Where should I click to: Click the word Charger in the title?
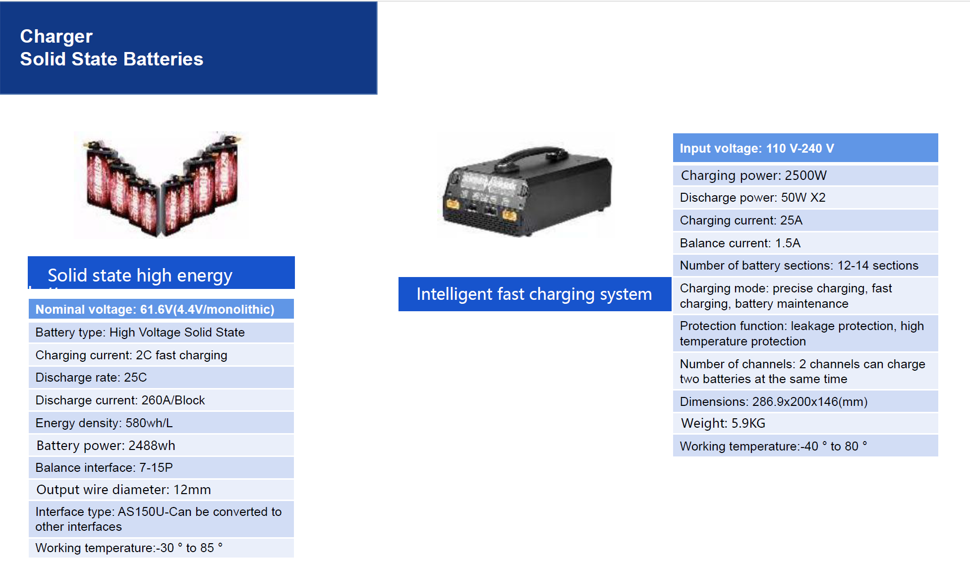coord(56,37)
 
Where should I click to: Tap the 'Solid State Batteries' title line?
coord(112,59)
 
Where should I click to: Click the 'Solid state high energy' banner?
coord(161,273)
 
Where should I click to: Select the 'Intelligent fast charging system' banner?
coord(535,294)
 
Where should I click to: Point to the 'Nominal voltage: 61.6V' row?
coord(161,309)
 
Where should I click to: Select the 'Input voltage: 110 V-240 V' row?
coord(805,148)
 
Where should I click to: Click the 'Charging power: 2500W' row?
coord(805,175)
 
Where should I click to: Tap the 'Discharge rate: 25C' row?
coord(161,378)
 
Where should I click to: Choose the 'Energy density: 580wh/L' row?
coord(161,423)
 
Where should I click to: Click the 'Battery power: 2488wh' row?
coord(161,446)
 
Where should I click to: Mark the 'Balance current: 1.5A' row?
coord(805,243)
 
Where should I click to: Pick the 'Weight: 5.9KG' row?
coord(805,423)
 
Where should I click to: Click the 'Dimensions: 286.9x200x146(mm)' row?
coord(805,401)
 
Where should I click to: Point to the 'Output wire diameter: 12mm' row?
coord(161,490)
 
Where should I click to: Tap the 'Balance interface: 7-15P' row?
coord(161,467)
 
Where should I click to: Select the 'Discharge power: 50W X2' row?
coord(805,198)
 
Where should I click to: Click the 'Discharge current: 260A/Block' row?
coord(161,400)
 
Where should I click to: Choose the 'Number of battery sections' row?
coord(805,266)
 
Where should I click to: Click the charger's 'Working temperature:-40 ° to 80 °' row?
coord(805,446)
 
